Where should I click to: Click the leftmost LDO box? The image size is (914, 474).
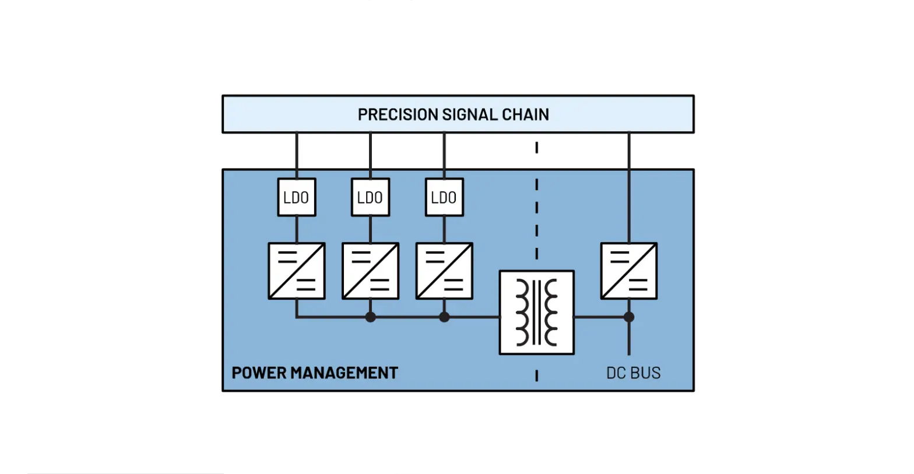(x=296, y=198)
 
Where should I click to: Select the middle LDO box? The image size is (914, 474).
(x=370, y=198)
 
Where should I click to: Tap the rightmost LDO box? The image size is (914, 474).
(x=444, y=198)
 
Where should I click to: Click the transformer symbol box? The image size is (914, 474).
(x=536, y=313)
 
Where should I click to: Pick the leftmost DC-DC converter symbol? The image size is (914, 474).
(x=296, y=271)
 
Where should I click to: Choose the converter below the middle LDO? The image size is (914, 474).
(x=370, y=271)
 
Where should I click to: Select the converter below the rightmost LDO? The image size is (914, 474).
(x=444, y=271)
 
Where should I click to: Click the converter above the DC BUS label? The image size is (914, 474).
(x=629, y=271)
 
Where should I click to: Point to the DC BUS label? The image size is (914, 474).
(x=633, y=373)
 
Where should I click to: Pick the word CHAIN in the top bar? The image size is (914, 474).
(x=527, y=115)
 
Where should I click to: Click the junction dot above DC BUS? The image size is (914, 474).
(x=629, y=317)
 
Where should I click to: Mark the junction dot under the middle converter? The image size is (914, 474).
(x=370, y=317)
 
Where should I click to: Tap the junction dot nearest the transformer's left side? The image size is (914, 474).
(x=444, y=317)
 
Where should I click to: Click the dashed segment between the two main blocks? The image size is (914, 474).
(x=536, y=148)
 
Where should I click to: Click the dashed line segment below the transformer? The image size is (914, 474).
(x=536, y=376)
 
